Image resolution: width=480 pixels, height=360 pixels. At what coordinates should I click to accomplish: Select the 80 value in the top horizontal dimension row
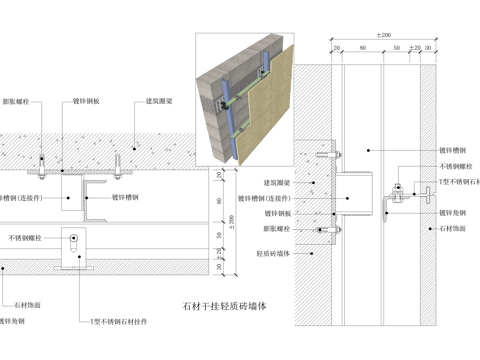pyautogui.click(x=360, y=48)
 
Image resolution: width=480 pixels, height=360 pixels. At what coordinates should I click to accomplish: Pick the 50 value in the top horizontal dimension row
pyautogui.click(x=397, y=48)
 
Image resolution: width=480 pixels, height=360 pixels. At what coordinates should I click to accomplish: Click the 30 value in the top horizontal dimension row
pyautogui.click(x=428, y=48)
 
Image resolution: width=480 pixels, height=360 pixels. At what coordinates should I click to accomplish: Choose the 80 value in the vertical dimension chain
pyautogui.click(x=220, y=199)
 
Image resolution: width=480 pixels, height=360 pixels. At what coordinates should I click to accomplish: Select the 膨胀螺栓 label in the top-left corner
pyautogui.click(x=16, y=102)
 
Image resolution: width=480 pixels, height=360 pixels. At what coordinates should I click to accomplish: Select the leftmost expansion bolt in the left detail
pyautogui.click(x=41, y=162)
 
